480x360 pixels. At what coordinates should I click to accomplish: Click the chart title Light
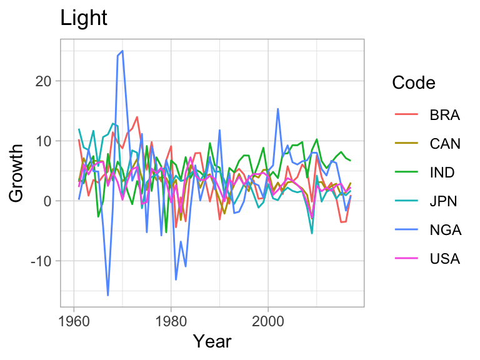[x=84, y=19]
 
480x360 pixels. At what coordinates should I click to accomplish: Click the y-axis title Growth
[x=17, y=173]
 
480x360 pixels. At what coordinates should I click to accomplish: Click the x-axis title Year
[x=212, y=341]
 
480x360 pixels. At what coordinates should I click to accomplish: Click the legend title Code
[x=413, y=83]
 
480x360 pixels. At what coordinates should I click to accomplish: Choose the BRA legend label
[x=444, y=116]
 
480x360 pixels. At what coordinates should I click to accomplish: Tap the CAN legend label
[x=445, y=144]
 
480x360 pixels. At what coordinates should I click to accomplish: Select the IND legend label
[x=443, y=173]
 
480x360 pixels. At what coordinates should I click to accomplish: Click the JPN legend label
[x=444, y=201]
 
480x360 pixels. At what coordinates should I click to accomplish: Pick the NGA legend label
[x=445, y=230]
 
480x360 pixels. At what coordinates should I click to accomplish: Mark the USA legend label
[x=444, y=259]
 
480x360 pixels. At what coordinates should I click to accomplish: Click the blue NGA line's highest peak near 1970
[x=122, y=51]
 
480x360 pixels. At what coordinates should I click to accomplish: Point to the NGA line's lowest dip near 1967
[x=108, y=295]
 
